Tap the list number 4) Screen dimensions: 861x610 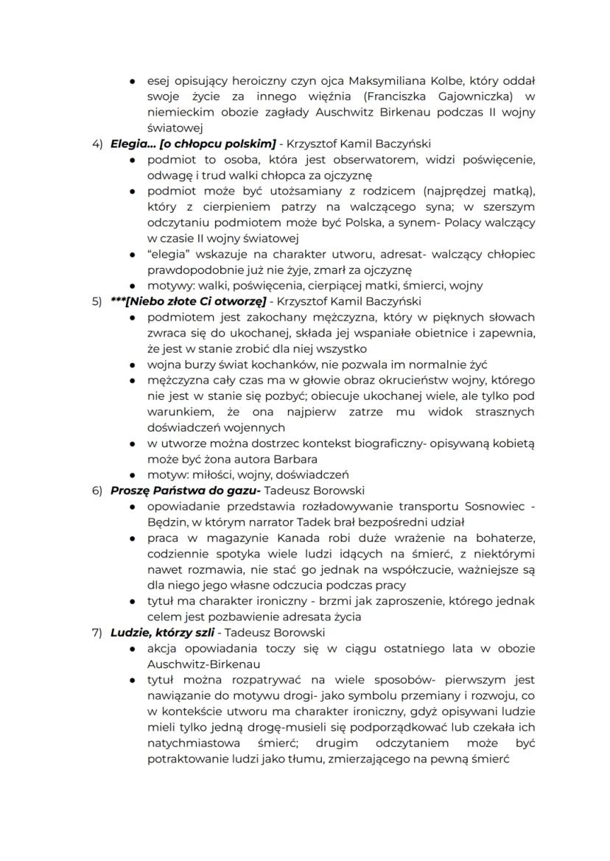point(97,143)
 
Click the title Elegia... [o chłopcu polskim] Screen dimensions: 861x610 point(193,143)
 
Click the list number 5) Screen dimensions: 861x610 point(97,301)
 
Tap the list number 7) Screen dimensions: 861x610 point(97,633)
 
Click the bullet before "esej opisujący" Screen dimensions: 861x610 point(131,80)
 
